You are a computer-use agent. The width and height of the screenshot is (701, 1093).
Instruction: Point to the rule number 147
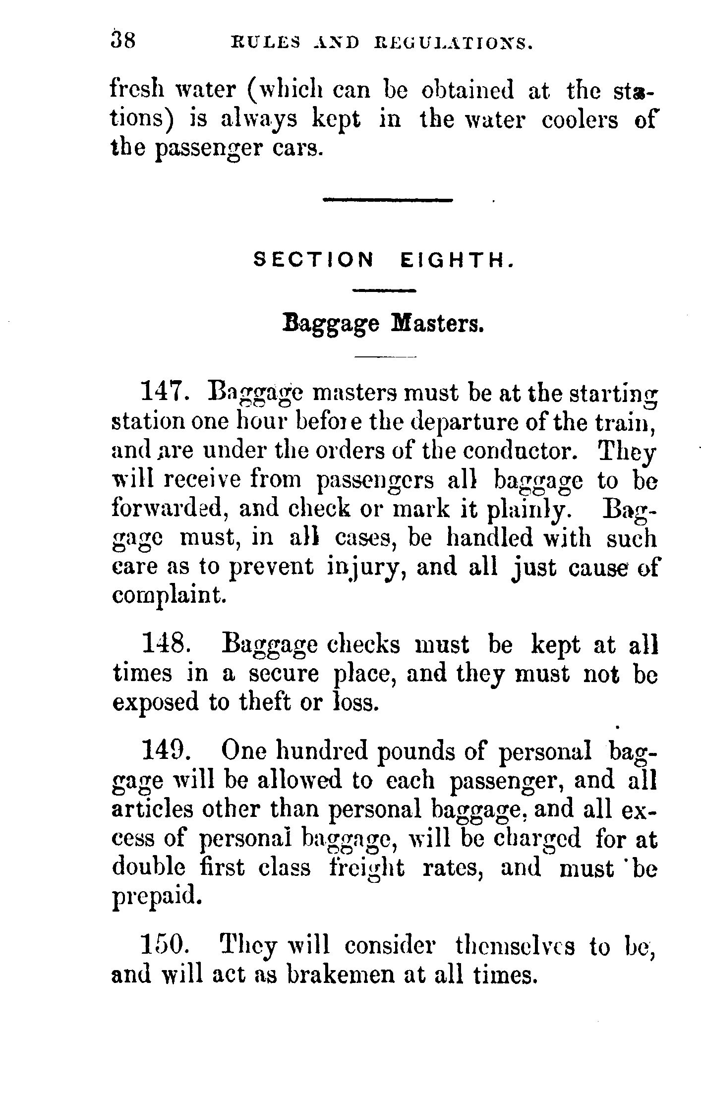point(164,393)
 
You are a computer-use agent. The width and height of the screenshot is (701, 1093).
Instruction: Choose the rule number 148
point(164,645)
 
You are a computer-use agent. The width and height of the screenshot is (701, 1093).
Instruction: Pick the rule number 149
point(164,751)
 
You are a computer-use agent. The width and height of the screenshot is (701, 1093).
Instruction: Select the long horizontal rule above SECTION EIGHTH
point(388,200)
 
